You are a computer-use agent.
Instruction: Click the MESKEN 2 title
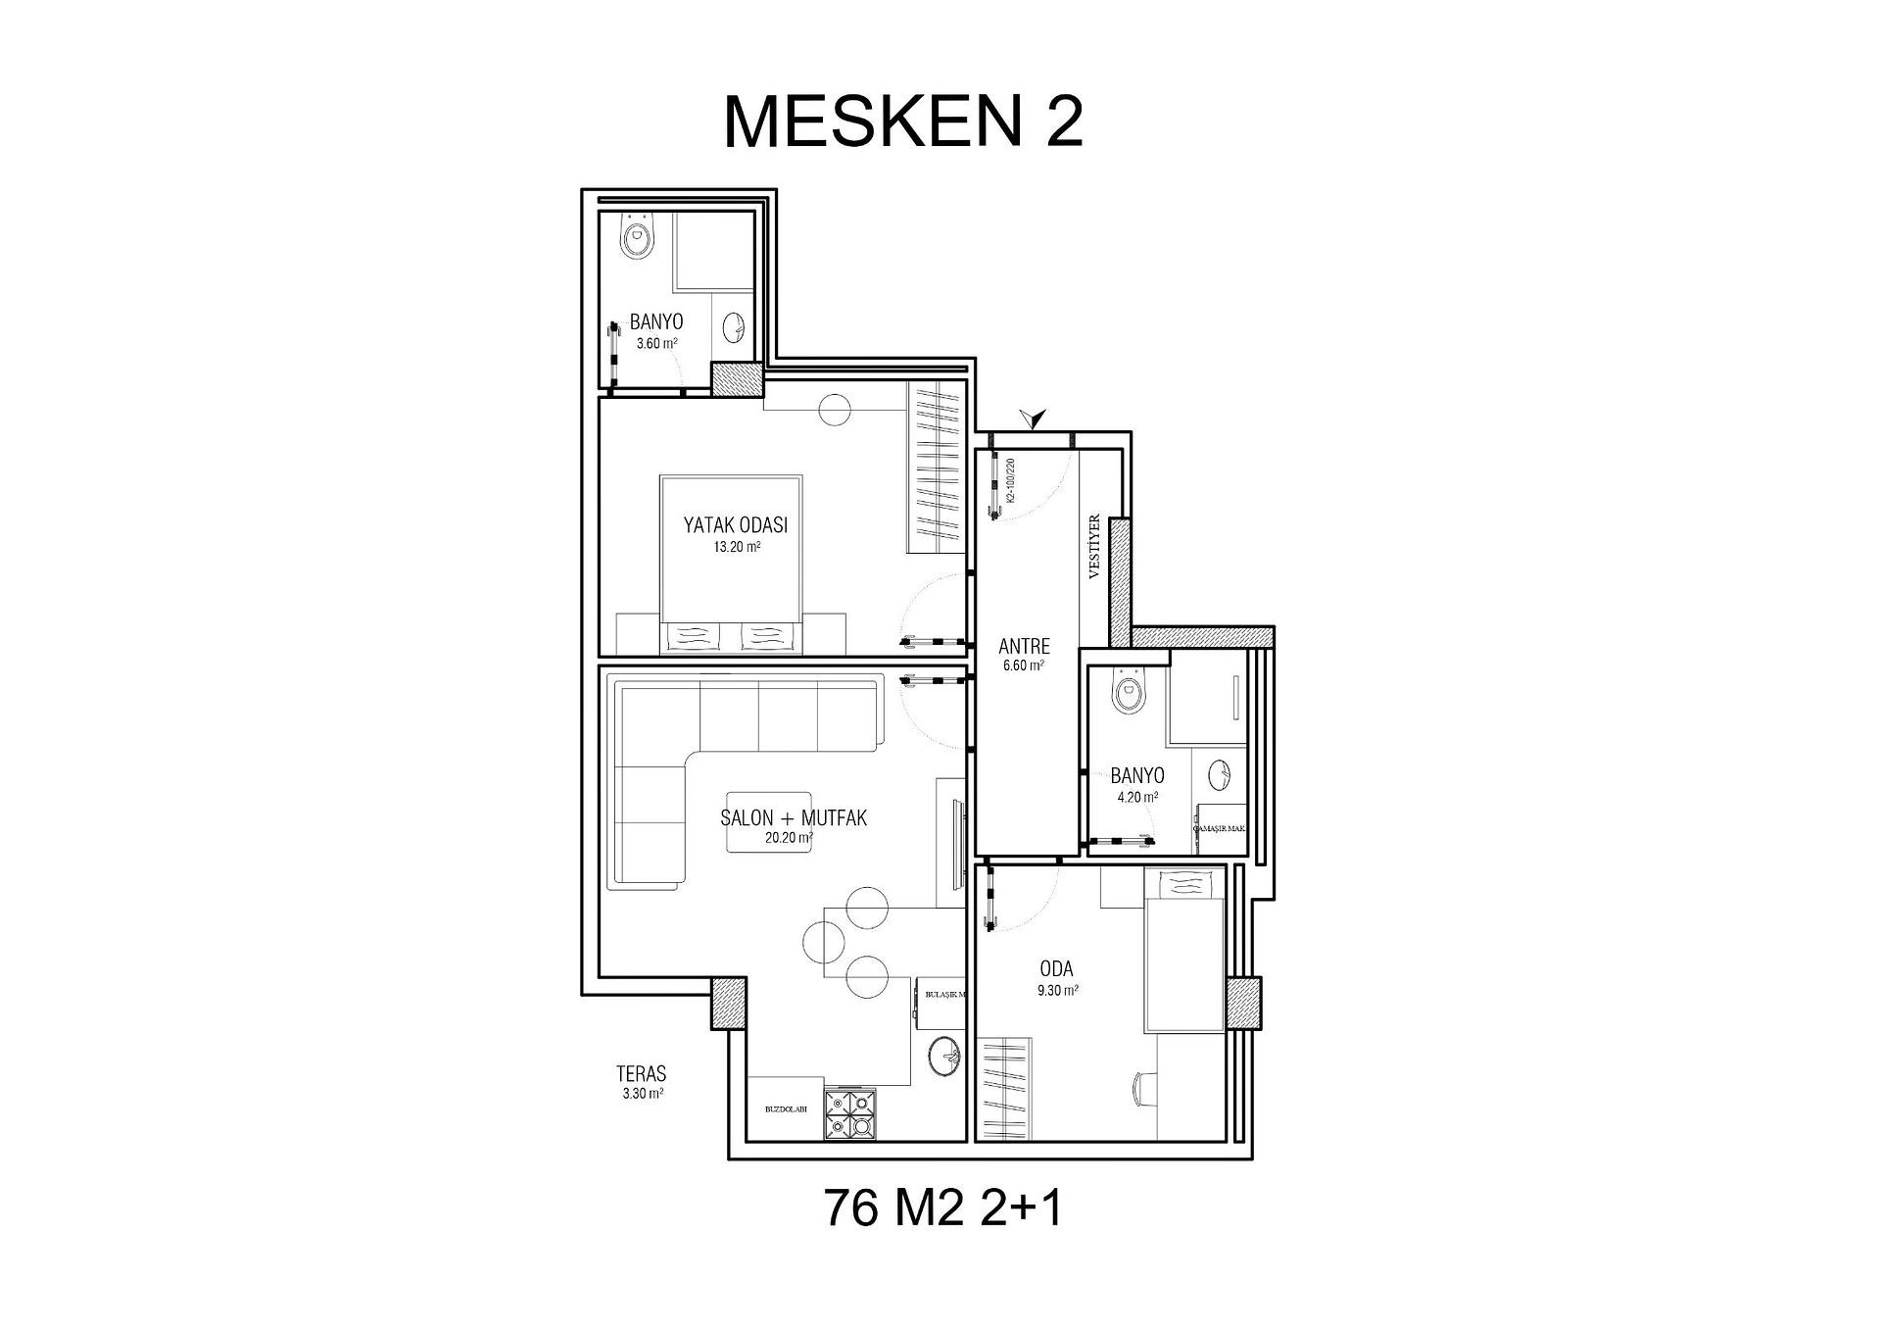pyautogui.click(x=903, y=123)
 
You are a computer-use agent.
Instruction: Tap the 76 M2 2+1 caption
pyautogui.click(x=942, y=1207)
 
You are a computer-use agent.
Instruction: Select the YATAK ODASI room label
pyautogui.click(x=735, y=525)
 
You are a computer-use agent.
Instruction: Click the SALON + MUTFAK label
pyautogui.click(x=794, y=817)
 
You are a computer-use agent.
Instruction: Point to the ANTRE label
pyautogui.click(x=1024, y=647)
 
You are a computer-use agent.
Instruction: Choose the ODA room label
pyautogui.click(x=1056, y=969)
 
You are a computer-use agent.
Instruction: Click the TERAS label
pyautogui.click(x=642, y=1074)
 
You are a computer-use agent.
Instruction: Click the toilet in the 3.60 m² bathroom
pyautogui.click(x=638, y=238)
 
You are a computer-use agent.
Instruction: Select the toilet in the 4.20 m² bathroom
pyautogui.click(x=1129, y=692)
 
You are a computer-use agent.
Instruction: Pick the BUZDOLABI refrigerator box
pyautogui.click(x=786, y=1109)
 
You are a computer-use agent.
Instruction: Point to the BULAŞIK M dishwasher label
pyautogui.click(x=943, y=994)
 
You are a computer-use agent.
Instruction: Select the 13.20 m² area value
pyautogui.click(x=737, y=548)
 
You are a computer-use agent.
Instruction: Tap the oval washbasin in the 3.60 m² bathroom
pyautogui.click(x=733, y=325)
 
